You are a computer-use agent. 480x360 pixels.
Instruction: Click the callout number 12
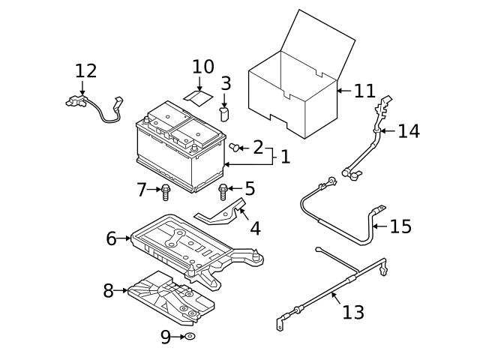[x=86, y=71]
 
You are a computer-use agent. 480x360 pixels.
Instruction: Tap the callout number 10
[x=202, y=67]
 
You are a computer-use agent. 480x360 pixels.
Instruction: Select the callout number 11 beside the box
[x=364, y=91]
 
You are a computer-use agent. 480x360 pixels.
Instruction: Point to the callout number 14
[x=409, y=131]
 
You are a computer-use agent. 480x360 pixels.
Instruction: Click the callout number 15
[x=401, y=226]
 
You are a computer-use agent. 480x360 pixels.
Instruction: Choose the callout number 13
[x=352, y=311]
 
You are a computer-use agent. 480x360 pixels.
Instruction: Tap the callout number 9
[x=166, y=337]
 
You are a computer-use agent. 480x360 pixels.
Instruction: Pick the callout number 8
[x=108, y=290]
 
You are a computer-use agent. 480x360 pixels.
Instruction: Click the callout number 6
[x=111, y=238]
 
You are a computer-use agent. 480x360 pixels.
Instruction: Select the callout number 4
[x=255, y=229]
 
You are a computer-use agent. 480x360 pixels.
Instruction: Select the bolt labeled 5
[x=223, y=191]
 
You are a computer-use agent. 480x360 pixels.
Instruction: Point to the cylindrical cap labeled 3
[x=223, y=113]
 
